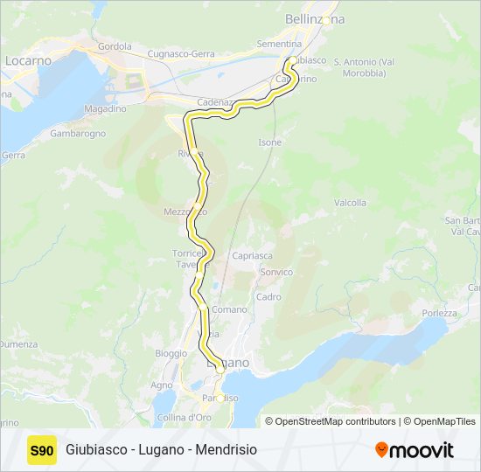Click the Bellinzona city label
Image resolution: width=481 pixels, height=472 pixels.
[x=315, y=18]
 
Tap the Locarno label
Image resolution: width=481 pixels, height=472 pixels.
[x=29, y=61]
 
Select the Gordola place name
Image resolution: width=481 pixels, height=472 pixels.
[x=115, y=46]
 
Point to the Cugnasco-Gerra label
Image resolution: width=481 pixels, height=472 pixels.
[x=181, y=54]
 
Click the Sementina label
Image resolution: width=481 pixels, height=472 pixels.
[x=278, y=44]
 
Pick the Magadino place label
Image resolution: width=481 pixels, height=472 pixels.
[x=105, y=108]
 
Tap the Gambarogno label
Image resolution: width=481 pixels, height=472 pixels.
[x=78, y=134]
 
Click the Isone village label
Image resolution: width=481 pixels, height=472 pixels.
[x=270, y=142]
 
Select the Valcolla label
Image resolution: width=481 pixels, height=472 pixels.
[x=350, y=203]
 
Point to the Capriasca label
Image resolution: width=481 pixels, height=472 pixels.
[x=253, y=256]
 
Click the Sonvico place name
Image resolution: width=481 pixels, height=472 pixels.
[x=275, y=273]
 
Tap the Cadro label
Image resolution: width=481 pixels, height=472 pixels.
[x=269, y=297]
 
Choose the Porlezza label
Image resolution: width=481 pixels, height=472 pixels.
[x=438, y=313]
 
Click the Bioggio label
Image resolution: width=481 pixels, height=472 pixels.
[x=171, y=353]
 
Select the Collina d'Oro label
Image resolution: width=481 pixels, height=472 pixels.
[x=185, y=417]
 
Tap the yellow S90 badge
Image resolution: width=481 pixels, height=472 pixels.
[x=42, y=450]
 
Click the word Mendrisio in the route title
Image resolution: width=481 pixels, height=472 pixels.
[x=225, y=450]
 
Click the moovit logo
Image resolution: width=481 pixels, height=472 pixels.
[x=415, y=450]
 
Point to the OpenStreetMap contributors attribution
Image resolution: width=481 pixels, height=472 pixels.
[x=333, y=421]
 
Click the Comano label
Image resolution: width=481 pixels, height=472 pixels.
[x=229, y=309]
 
